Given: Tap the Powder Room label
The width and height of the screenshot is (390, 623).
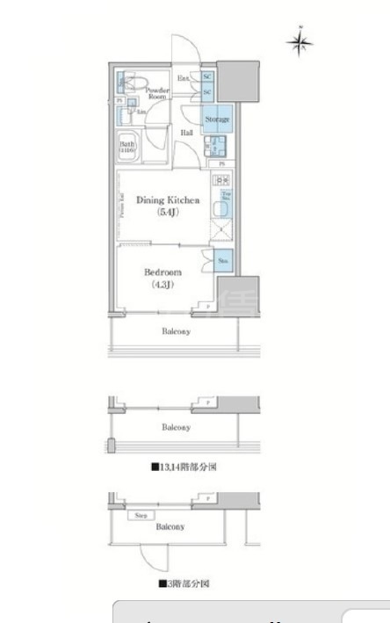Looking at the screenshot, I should (x=157, y=92).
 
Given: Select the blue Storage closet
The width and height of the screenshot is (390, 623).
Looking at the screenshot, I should (x=218, y=120).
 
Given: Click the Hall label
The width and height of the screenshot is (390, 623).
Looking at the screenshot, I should (x=186, y=133).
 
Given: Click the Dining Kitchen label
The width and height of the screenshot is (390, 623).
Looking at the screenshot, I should (x=168, y=200).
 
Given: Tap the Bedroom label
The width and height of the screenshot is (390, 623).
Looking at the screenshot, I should (x=163, y=272).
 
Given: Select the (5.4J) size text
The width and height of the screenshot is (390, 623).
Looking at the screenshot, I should (x=168, y=213).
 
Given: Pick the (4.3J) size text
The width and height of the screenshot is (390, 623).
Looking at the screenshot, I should (x=163, y=284).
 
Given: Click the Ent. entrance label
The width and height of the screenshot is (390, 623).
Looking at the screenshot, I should (x=184, y=79).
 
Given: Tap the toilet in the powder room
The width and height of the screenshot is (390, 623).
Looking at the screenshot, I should (x=131, y=83).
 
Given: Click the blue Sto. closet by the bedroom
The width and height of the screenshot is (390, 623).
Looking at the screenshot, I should (x=223, y=260).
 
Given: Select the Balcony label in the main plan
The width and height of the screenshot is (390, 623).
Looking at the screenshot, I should (x=176, y=332).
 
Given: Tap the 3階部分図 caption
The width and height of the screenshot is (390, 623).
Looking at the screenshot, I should (x=184, y=583).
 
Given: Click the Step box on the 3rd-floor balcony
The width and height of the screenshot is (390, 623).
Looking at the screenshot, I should (x=141, y=517).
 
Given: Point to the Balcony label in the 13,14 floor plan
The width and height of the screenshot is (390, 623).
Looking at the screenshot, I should (x=176, y=427).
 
